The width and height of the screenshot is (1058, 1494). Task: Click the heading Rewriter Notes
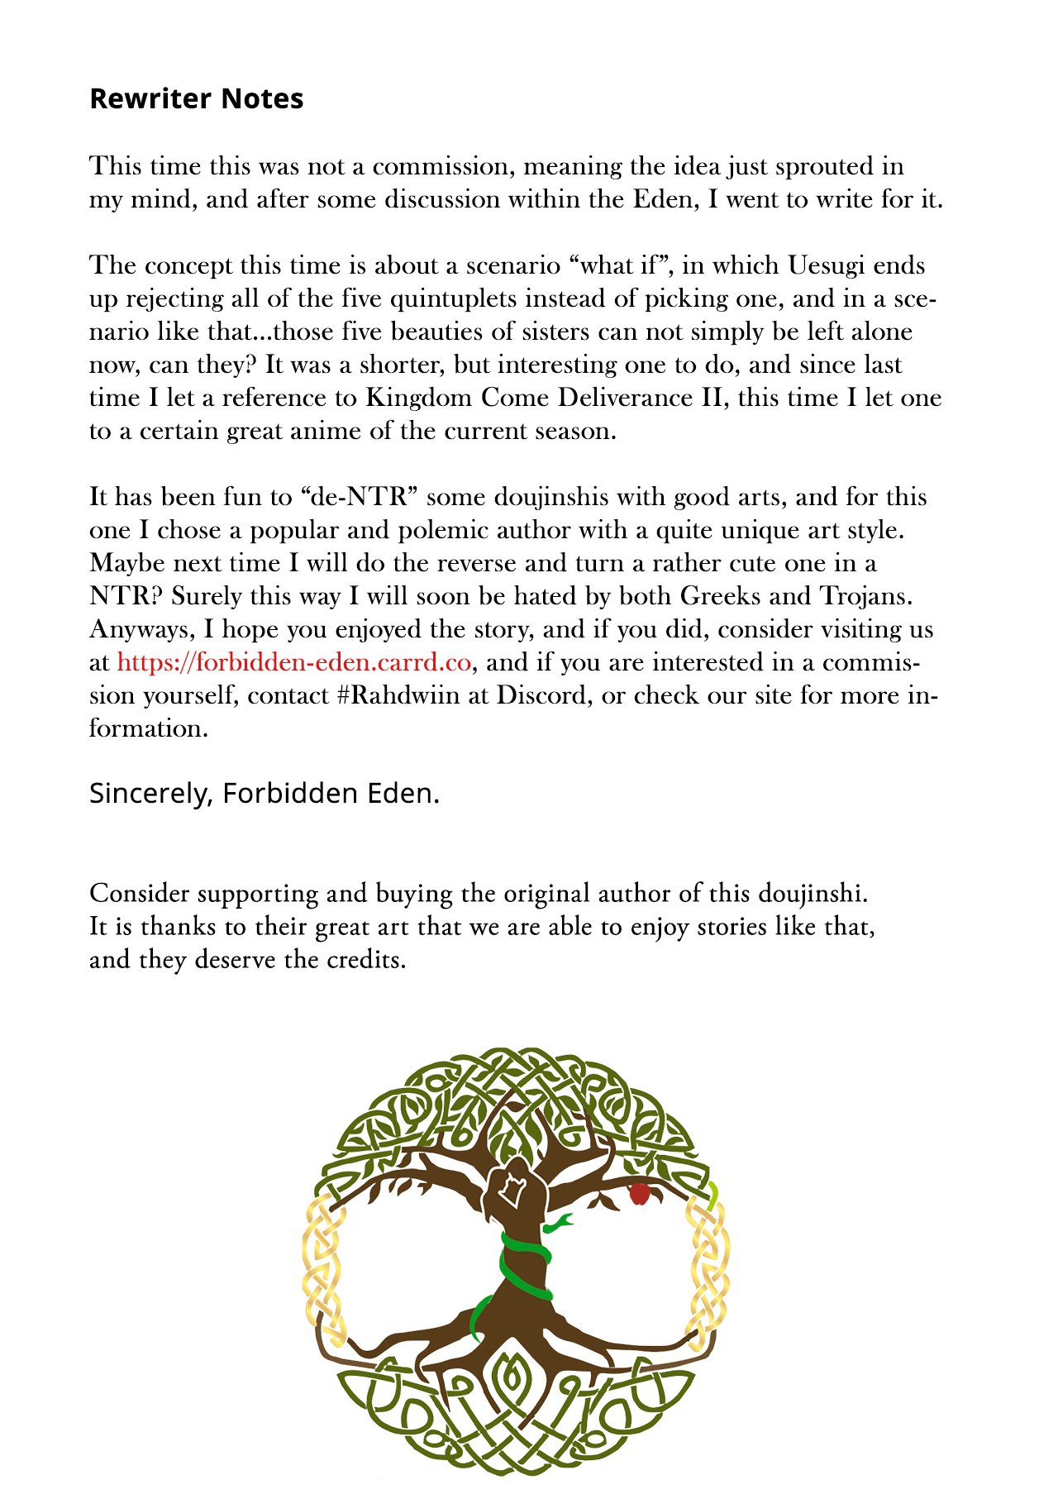pyautogui.click(x=196, y=98)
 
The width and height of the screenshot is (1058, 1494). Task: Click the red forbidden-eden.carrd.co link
pyautogui.click(x=293, y=662)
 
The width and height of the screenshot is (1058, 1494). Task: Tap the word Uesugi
pyautogui.click(x=827, y=265)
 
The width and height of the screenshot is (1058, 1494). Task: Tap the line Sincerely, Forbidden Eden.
pyautogui.click(x=264, y=793)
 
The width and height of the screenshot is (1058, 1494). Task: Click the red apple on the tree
pyautogui.click(x=639, y=1193)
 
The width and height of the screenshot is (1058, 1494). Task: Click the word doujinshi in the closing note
pyautogui.click(x=811, y=894)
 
